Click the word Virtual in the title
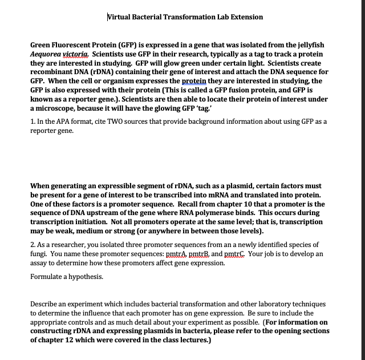(121, 17)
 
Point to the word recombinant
(54, 72)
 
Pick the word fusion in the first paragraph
(244, 90)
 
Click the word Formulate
(47, 276)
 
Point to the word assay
(39, 262)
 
